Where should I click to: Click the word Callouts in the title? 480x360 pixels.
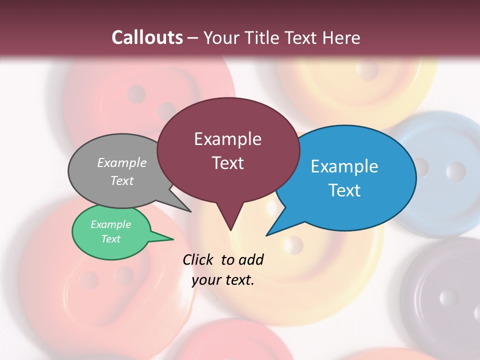[x=147, y=37]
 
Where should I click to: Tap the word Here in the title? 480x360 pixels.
[x=341, y=37]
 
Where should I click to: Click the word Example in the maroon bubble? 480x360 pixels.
[x=227, y=139]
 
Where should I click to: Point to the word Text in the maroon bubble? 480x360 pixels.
[x=227, y=163]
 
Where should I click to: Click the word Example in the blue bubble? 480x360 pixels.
[x=344, y=166]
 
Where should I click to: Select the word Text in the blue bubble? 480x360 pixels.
[x=344, y=190]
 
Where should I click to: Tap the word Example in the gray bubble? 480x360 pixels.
[x=122, y=163]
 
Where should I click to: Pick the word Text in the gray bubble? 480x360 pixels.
[x=122, y=180]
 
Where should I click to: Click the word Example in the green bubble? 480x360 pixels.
[x=111, y=224]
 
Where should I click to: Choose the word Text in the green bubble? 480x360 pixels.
[x=111, y=239]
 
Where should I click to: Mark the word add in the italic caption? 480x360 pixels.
[x=250, y=259]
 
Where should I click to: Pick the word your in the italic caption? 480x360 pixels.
[x=206, y=280]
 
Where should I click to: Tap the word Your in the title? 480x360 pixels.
[x=219, y=37]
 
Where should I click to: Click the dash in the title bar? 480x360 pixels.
[x=193, y=37]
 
